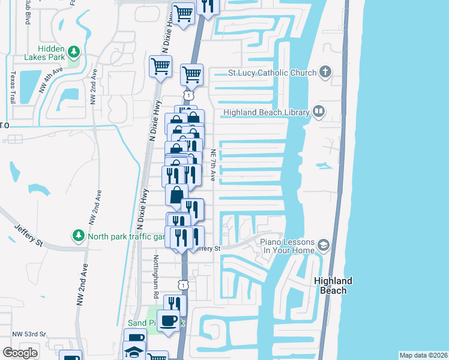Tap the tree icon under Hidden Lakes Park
[74, 52]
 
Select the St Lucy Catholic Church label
[272, 73]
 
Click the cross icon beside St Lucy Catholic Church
[325, 73]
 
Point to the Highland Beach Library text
[266, 112]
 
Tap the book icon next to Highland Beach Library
[318, 112]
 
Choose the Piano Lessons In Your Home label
[286, 246]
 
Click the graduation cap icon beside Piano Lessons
[324, 245]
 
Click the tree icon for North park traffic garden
[77, 235]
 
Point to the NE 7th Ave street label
[213, 166]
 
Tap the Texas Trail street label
[12, 87]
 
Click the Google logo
[20, 353]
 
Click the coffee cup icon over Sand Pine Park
[168, 320]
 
